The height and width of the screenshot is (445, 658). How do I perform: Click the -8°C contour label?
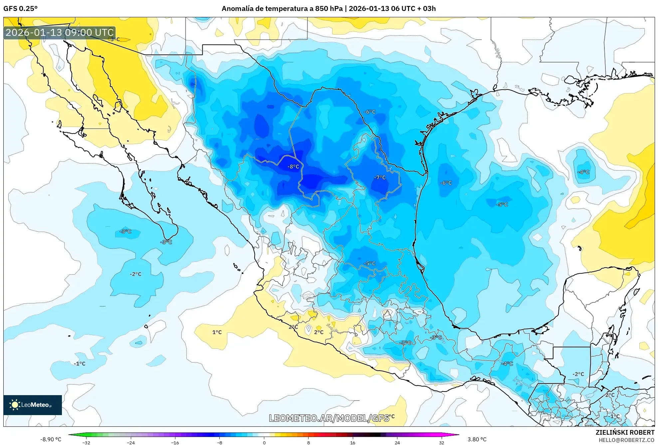[x=293, y=167]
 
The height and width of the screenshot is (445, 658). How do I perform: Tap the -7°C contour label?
[x=380, y=177]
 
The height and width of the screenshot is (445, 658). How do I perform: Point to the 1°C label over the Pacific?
[x=217, y=332]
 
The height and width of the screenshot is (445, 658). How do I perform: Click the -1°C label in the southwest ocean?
[x=80, y=364]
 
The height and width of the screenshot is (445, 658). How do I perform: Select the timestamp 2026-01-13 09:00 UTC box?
[x=60, y=33]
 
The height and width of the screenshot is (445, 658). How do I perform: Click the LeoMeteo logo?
[x=33, y=405]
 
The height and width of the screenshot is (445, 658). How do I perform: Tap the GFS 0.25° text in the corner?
[x=20, y=9]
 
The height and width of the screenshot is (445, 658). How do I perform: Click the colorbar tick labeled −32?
[x=86, y=442]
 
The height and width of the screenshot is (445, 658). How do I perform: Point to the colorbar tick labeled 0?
[x=264, y=442]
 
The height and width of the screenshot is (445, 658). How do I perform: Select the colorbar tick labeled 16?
[x=353, y=442]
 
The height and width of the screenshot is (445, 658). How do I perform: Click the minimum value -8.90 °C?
[x=51, y=439]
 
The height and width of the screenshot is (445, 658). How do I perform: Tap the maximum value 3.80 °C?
[x=477, y=439]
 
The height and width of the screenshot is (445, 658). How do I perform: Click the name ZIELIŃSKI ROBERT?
[x=625, y=432]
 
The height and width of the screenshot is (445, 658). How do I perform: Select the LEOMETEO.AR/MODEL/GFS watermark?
[x=329, y=418]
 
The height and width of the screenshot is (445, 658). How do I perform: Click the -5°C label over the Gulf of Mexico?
[x=502, y=204]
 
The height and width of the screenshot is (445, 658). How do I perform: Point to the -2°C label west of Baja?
[x=135, y=274]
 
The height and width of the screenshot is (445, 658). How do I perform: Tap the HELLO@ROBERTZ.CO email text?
[x=626, y=440]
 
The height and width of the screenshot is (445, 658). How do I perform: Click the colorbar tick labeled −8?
[x=220, y=442]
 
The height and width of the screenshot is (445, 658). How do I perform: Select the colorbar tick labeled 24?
[x=397, y=442]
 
